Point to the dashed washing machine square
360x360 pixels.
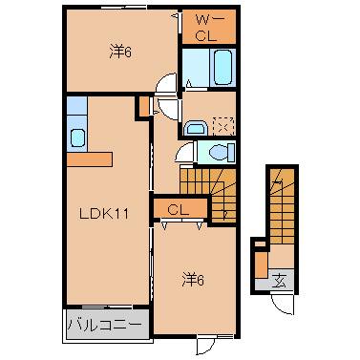coord(222,125)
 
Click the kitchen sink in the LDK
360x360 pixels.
coord(77,137)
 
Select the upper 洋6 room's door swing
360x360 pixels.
coord(166,86)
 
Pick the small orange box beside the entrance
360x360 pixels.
coord(259,264)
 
